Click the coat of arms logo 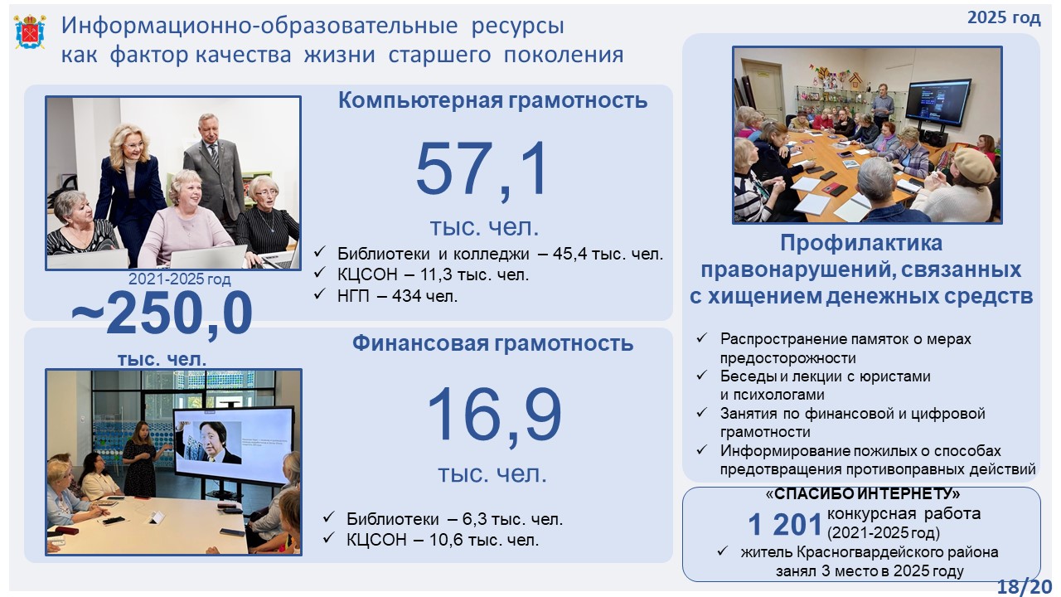[x=30, y=32]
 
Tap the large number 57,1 [x=482, y=170]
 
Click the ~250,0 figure [x=162, y=313]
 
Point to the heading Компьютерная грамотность [x=492, y=100]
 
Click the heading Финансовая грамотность [x=492, y=343]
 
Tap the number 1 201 [x=784, y=525]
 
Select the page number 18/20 [x=1025, y=586]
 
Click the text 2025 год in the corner [x=1004, y=17]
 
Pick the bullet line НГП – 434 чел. [x=397, y=296]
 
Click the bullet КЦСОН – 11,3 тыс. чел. [x=433, y=274]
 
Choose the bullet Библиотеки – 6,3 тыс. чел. [x=454, y=519]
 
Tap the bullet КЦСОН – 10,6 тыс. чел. [x=443, y=540]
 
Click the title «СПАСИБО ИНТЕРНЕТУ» [x=863, y=494]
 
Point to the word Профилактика [x=861, y=244]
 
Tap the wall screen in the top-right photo [x=938, y=102]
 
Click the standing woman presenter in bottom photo [x=142, y=459]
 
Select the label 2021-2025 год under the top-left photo [x=180, y=279]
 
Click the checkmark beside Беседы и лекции [x=702, y=376]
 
